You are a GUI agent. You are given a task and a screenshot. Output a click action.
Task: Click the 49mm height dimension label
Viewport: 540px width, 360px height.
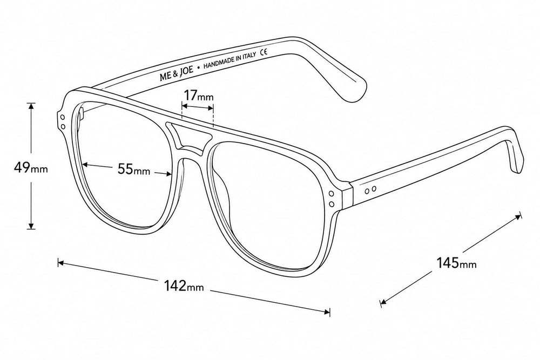pyautogui.click(x=31, y=168)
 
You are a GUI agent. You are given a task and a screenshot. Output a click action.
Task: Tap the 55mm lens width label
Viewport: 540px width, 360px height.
pyautogui.click(x=134, y=169)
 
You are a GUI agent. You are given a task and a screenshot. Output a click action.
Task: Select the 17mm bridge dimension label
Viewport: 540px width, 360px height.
pyautogui.click(x=198, y=95)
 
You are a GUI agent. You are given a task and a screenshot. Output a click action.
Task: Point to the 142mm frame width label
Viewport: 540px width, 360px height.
pyautogui.click(x=184, y=286)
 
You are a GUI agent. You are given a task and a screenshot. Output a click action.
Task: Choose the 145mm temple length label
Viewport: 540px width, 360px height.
pyautogui.click(x=457, y=263)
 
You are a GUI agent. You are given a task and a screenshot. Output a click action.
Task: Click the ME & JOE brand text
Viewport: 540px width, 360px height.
pyautogui.click(x=177, y=72)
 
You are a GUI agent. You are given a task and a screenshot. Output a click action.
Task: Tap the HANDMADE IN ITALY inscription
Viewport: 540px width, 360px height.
pyautogui.click(x=230, y=61)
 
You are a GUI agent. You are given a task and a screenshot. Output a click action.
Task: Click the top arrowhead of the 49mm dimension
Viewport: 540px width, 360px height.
pyautogui.click(x=31, y=106)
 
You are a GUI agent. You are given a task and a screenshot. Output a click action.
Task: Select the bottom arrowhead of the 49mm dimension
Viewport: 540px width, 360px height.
pyautogui.click(x=31, y=226)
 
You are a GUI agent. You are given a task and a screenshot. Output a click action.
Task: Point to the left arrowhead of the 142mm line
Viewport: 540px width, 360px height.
pyautogui.click(x=61, y=263)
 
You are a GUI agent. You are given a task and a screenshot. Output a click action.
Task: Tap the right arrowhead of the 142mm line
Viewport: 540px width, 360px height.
pyautogui.click(x=327, y=312)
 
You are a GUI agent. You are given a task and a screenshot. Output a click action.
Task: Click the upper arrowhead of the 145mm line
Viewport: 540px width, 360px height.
pyautogui.click(x=518, y=217)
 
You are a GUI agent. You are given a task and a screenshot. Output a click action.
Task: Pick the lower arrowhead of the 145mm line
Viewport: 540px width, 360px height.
pyautogui.click(x=384, y=302)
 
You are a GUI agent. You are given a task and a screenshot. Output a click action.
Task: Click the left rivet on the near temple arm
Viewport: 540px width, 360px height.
pyautogui.click(x=367, y=190)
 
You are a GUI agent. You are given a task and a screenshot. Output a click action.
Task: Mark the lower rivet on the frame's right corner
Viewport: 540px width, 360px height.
pyautogui.click(x=332, y=205)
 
